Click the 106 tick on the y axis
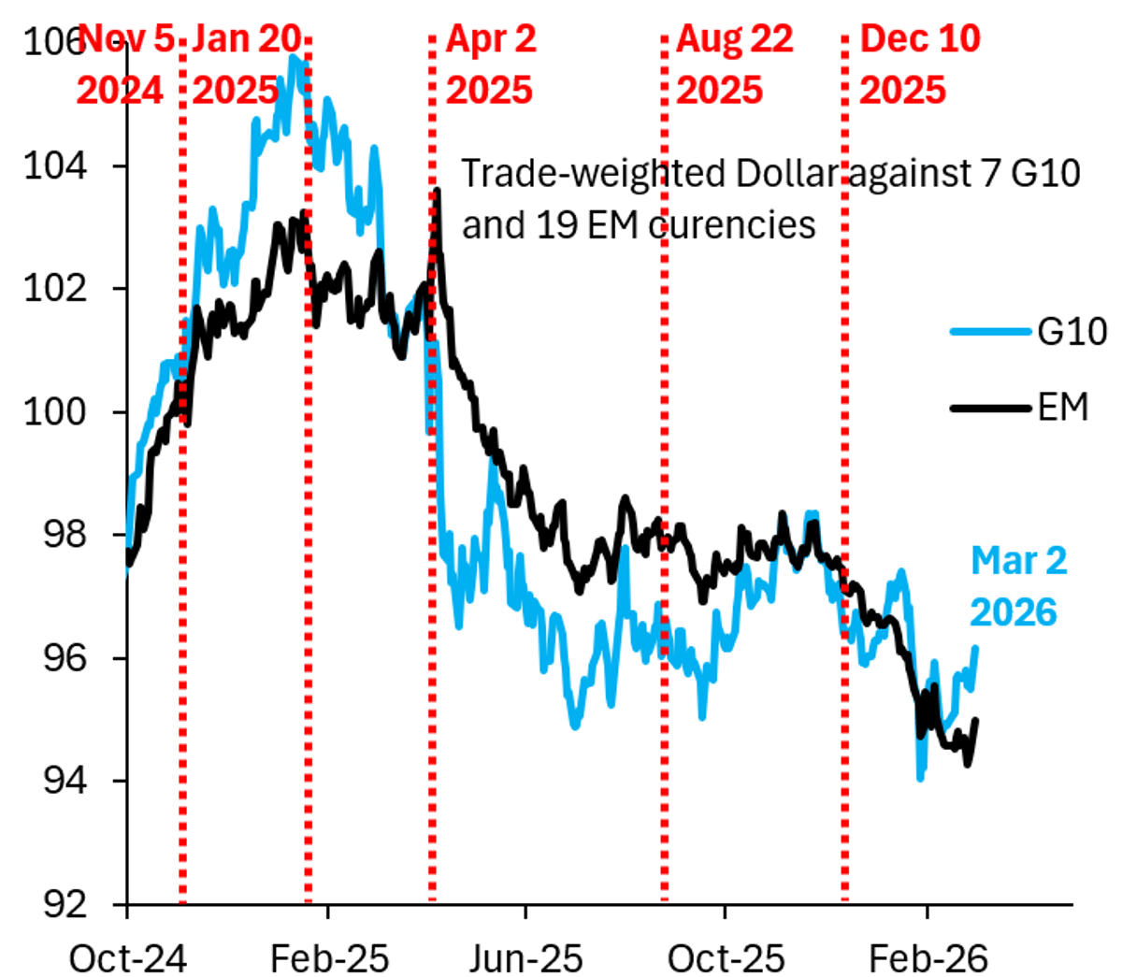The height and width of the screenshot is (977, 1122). coord(49,43)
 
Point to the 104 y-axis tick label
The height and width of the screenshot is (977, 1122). coord(49,165)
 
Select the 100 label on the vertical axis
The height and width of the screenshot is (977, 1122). coord(49,411)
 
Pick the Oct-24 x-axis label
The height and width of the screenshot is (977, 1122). coord(128,957)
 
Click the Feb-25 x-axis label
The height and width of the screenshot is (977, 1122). coord(329,957)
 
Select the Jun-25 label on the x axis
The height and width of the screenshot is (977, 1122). coord(525,957)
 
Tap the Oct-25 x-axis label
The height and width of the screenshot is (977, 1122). coord(726,957)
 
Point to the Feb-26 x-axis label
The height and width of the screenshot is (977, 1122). coord(928,957)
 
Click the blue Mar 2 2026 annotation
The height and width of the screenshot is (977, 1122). coord(1016,586)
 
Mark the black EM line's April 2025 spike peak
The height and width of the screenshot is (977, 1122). coord(437,192)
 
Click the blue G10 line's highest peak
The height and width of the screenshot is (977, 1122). coord(294,58)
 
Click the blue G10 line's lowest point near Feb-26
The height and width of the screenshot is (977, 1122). coord(921,777)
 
